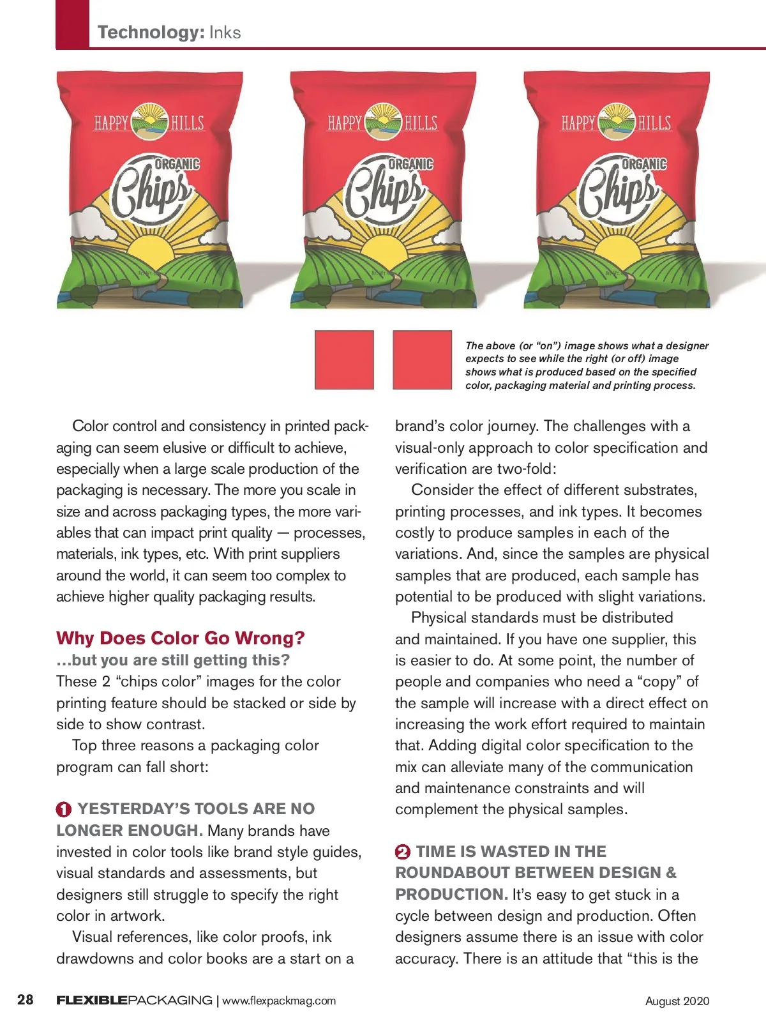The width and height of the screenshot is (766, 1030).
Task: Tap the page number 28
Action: coord(26,999)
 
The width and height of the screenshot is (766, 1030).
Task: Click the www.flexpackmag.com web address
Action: coord(279,1001)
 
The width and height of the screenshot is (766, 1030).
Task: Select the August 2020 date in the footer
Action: coord(677,1001)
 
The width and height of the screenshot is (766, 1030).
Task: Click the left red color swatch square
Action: coord(344,360)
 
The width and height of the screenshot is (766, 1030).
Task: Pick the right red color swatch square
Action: coord(422,360)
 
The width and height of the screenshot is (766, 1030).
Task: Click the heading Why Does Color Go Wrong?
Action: coord(181,638)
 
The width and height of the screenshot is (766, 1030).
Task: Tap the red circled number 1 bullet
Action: coord(64,810)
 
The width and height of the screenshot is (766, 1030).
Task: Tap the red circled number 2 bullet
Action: coord(403,852)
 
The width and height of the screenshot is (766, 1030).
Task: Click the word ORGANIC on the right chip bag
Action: coord(644,164)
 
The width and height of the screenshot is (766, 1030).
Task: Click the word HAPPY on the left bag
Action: coord(112,122)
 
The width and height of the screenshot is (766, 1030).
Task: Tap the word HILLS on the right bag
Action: coord(654,123)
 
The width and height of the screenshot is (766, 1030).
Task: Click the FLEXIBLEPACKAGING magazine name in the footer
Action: coord(134,1001)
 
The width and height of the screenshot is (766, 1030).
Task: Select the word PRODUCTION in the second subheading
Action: coord(451,895)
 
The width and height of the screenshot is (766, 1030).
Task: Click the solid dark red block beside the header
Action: coord(72,24)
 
